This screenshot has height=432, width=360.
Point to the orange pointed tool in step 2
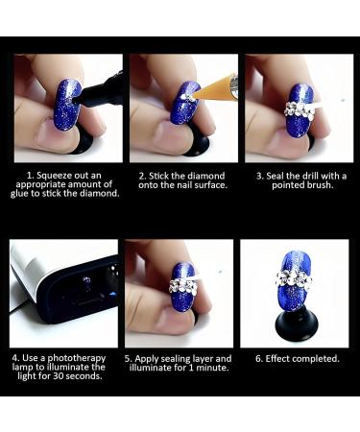tap(219, 85)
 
